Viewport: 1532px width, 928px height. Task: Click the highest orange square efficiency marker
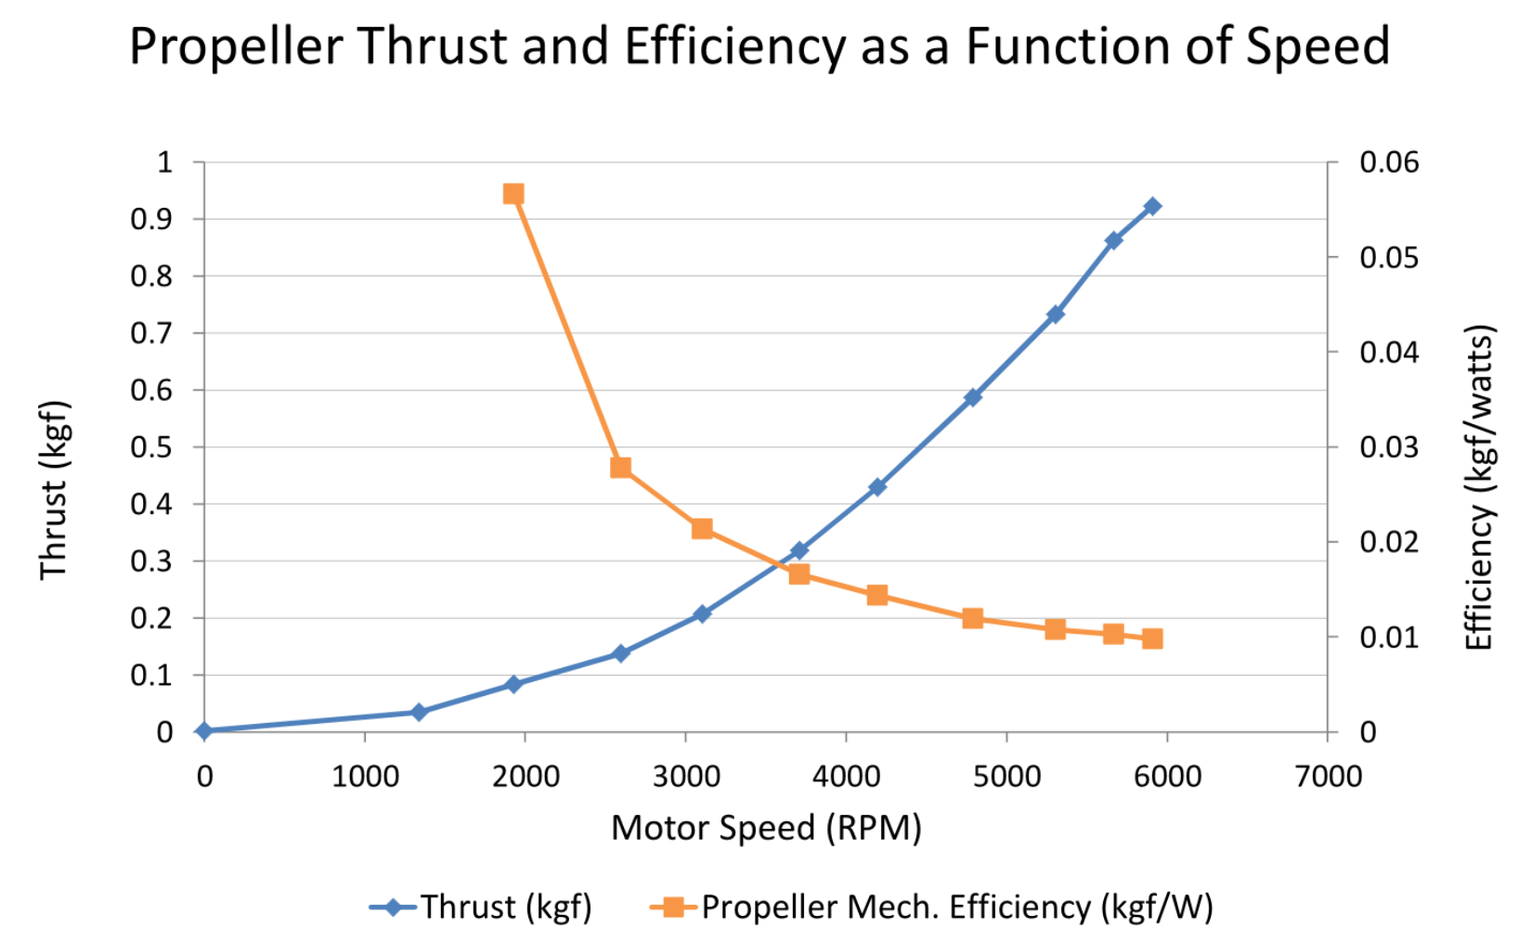pyautogui.click(x=513, y=194)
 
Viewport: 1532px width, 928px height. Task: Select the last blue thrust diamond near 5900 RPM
pyautogui.click(x=1152, y=207)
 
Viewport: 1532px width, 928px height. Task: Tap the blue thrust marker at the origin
pyautogui.click(x=204, y=731)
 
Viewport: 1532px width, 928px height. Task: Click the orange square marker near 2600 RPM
pyautogui.click(x=621, y=468)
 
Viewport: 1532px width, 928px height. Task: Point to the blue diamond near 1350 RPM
pyautogui.click(x=419, y=712)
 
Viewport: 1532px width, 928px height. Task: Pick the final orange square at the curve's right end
pyautogui.click(x=1152, y=638)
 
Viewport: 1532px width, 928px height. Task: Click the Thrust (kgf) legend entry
pyautogui.click(x=483, y=907)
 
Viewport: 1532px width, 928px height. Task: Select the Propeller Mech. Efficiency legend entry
pyautogui.click(x=933, y=907)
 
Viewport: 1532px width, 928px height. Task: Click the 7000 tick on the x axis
pyautogui.click(x=1328, y=776)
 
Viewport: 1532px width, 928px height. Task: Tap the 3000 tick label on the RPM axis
pyautogui.click(x=686, y=776)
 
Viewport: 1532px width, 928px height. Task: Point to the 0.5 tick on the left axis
pyautogui.click(x=151, y=447)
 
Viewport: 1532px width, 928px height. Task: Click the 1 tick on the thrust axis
pyautogui.click(x=164, y=162)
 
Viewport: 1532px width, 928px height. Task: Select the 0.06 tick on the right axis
pyautogui.click(x=1389, y=162)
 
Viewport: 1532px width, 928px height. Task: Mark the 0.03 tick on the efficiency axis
pyautogui.click(x=1389, y=447)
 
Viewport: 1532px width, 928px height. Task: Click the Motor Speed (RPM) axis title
pyautogui.click(x=766, y=828)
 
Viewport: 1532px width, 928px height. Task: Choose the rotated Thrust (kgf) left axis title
pyautogui.click(x=54, y=490)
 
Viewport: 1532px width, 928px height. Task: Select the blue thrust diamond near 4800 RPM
pyautogui.click(x=973, y=397)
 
